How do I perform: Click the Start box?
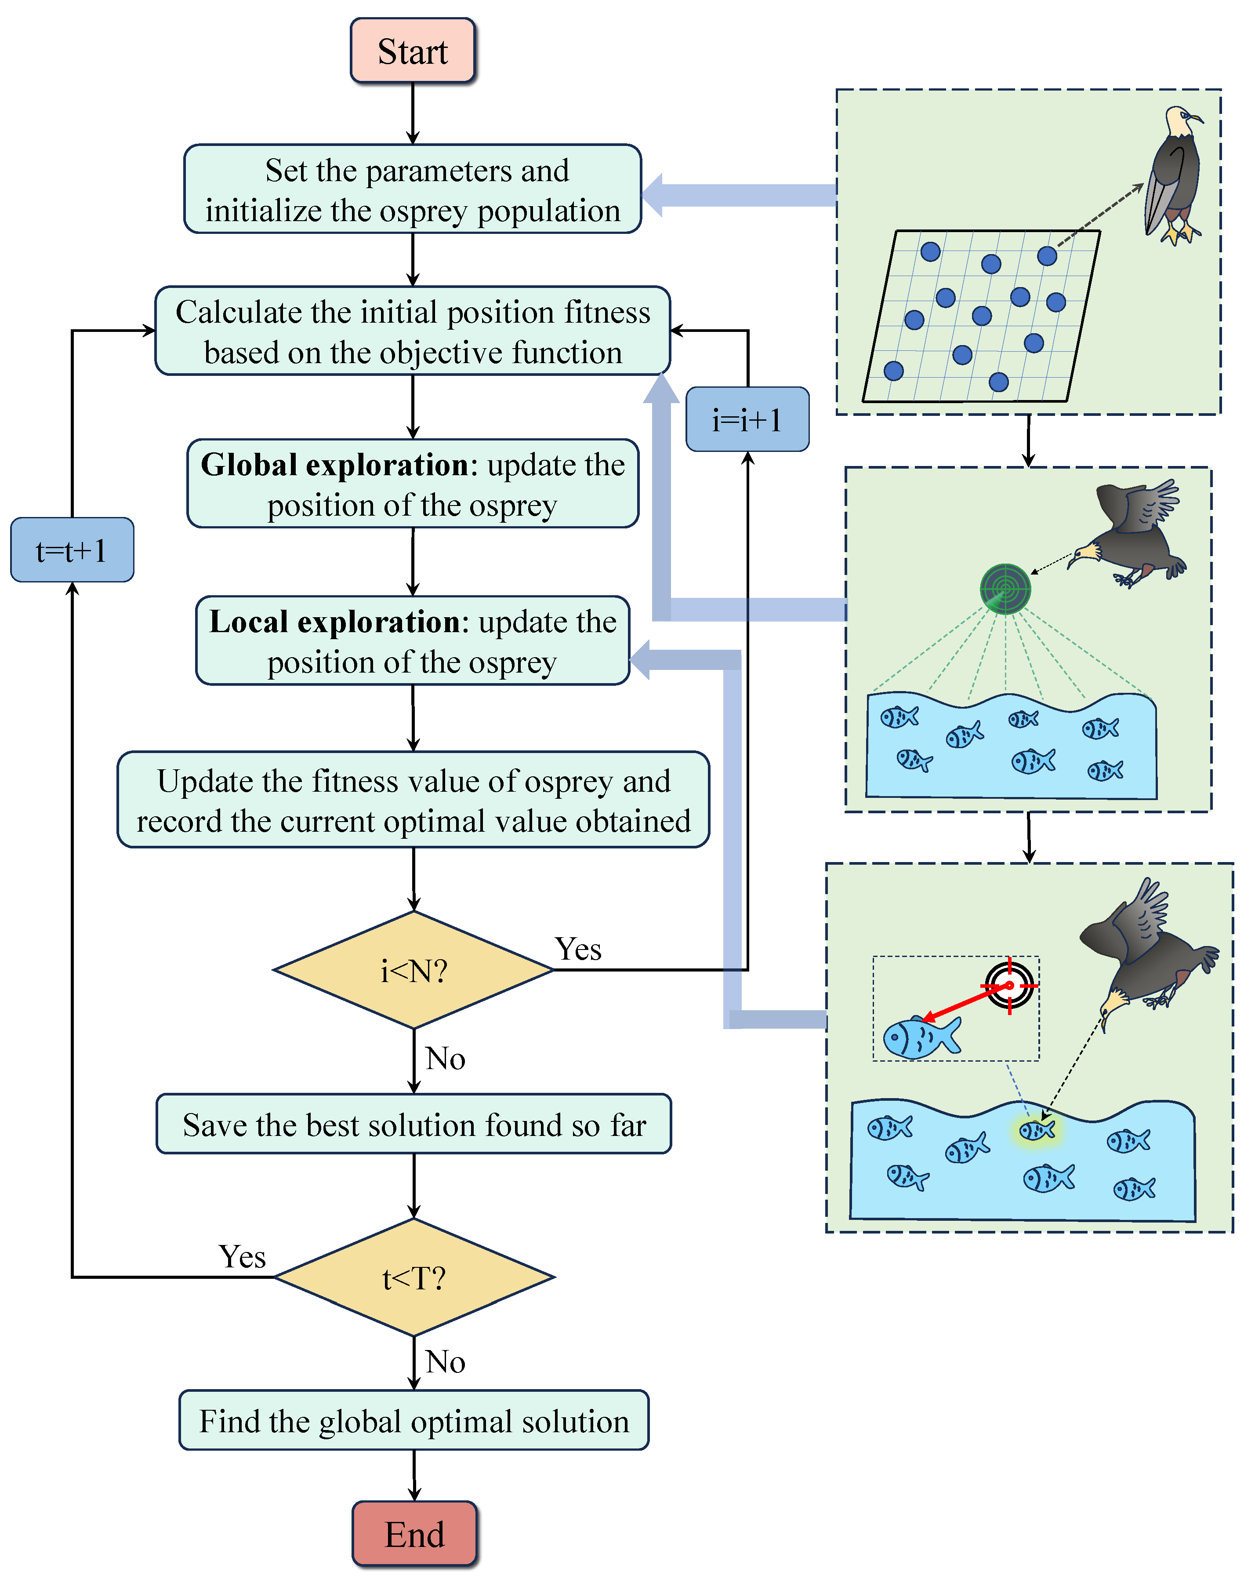pyautogui.click(x=413, y=51)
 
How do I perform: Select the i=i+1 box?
pyautogui.click(x=747, y=420)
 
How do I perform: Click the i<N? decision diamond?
pyautogui.click(x=413, y=970)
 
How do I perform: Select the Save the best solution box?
pyautogui.click(x=413, y=1124)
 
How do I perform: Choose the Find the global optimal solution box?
pyautogui.click(x=413, y=1420)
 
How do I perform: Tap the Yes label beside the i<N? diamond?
pyautogui.click(x=578, y=949)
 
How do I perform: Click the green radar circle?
pyautogui.click(x=1005, y=589)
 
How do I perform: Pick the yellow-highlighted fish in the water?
pyautogui.click(x=1037, y=1130)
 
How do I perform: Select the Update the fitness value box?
pyautogui.click(x=413, y=800)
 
